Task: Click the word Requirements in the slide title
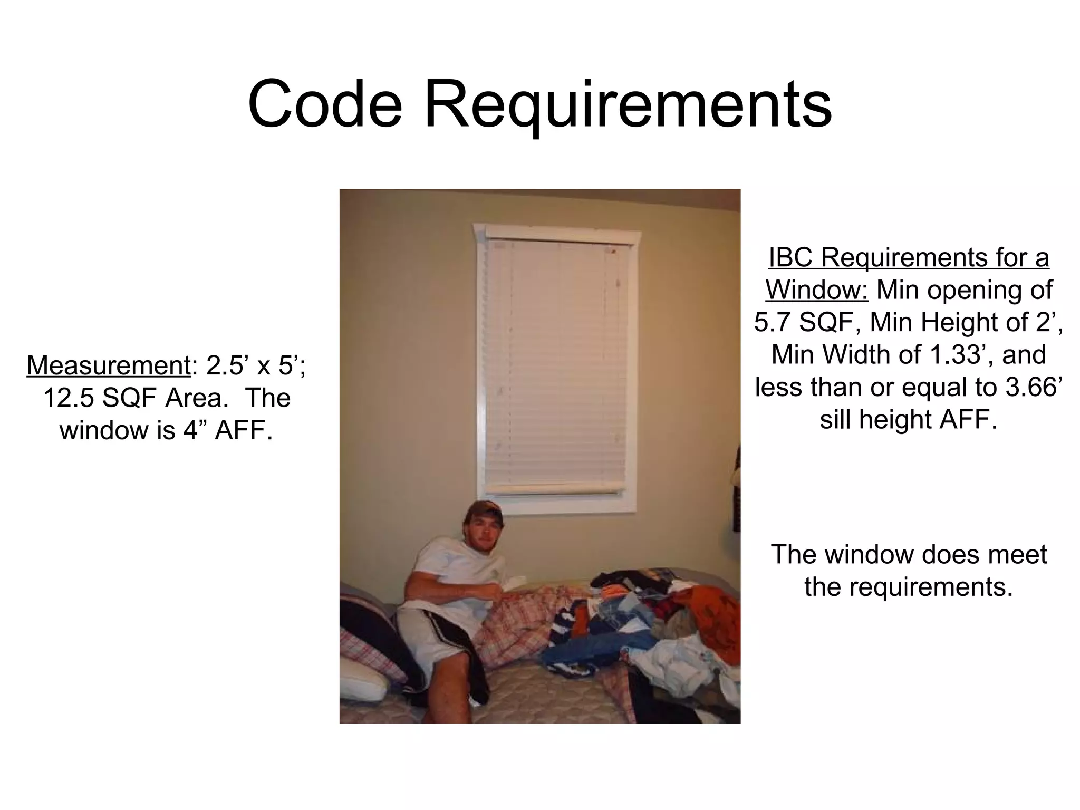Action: click(x=628, y=105)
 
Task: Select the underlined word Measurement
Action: click(x=108, y=365)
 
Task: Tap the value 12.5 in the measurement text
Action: click(x=68, y=398)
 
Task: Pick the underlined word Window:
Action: click(x=816, y=290)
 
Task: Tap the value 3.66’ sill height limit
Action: click(x=1032, y=387)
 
